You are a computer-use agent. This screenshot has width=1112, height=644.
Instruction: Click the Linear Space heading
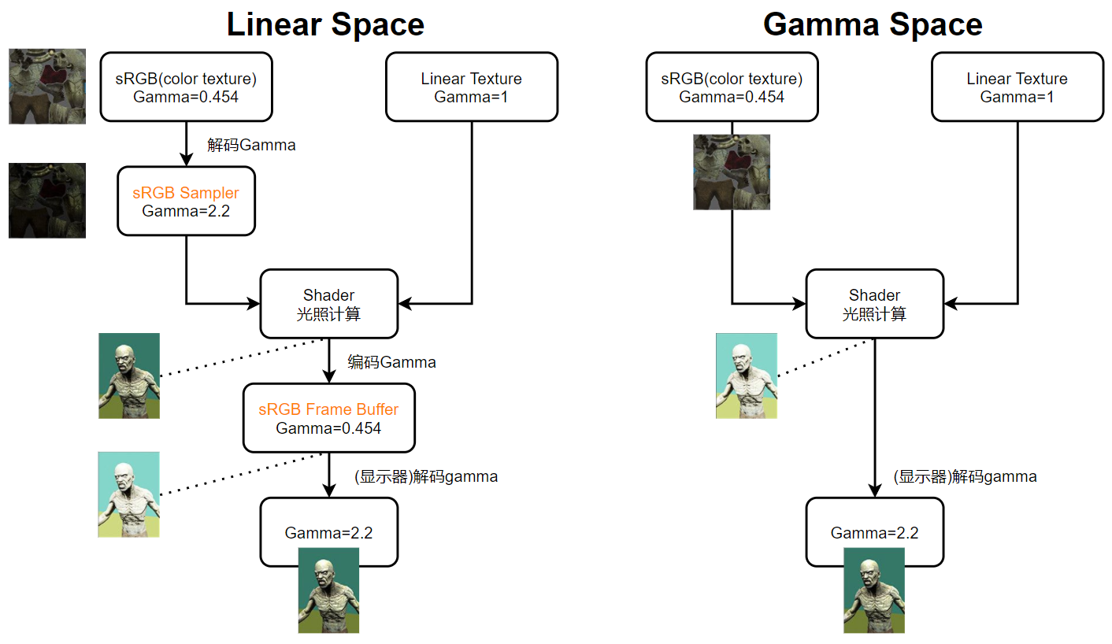point(325,24)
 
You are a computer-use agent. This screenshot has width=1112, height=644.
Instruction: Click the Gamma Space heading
point(873,24)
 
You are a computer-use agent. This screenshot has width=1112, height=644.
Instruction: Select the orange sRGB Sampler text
point(186,193)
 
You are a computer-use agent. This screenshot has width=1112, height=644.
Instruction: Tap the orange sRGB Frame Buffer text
point(328,409)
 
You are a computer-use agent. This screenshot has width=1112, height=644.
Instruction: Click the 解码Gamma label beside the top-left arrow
point(251,145)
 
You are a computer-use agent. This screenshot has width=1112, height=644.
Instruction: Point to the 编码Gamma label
point(391,362)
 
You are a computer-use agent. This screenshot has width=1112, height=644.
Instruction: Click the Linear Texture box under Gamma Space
point(1017,87)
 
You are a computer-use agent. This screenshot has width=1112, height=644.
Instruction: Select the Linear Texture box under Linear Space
point(471,87)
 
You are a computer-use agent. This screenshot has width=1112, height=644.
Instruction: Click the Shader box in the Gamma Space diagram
point(874,304)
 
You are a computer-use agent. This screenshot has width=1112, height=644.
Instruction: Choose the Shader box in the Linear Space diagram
point(328,304)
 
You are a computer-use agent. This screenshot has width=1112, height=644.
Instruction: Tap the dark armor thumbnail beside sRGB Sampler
point(47,200)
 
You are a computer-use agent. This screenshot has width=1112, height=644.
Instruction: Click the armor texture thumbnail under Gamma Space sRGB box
point(732,172)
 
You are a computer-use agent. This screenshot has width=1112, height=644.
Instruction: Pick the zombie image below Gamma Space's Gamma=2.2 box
point(874,590)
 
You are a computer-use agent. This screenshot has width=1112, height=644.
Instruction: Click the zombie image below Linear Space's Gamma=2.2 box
point(328,590)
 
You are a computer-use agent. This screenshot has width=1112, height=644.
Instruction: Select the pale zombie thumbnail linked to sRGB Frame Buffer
point(128,494)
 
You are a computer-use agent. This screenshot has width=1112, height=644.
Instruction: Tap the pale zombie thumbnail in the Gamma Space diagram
point(746,376)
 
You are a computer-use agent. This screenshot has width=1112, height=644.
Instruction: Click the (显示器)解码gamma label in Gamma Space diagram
point(965,476)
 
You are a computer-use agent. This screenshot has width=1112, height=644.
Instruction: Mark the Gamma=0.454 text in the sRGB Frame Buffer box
point(328,428)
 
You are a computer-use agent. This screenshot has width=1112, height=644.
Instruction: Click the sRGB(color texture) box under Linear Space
point(186,87)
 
